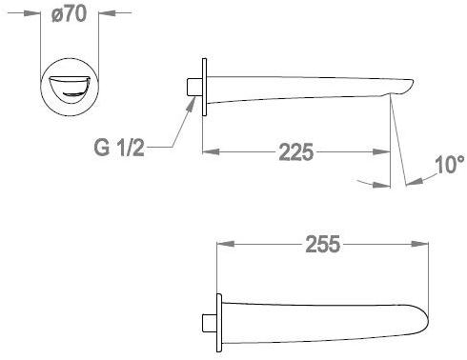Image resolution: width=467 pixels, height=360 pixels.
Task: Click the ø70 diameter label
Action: [x=69, y=13]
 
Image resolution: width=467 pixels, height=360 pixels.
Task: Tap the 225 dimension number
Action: [x=296, y=152]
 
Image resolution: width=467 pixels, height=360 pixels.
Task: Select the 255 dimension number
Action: [x=323, y=244]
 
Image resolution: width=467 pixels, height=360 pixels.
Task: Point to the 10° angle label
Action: [x=450, y=165]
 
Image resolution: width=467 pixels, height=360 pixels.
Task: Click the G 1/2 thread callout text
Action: [x=119, y=148]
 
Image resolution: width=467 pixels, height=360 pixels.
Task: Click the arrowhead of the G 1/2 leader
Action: [x=191, y=103]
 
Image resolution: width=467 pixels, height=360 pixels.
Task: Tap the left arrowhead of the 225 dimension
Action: [x=211, y=151]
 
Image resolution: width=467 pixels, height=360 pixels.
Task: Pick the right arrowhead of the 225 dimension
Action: [x=381, y=151]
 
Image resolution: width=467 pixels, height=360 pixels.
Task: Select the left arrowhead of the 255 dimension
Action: [x=225, y=244]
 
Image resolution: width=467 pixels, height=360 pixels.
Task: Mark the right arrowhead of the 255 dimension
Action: [x=419, y=244]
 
